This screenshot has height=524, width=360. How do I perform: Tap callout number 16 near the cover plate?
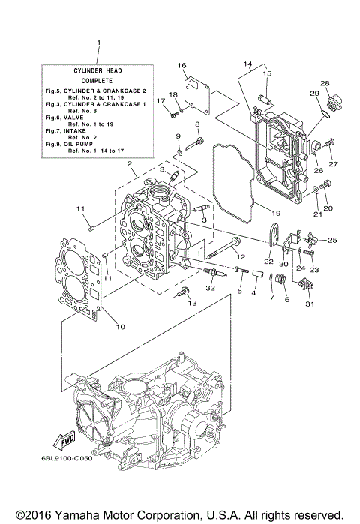pyautogui.click(x=181, y=66)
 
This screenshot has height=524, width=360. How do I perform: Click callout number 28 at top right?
pyautogui.click(x=325, y=83)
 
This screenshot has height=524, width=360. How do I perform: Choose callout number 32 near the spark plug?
pyautogui.click(x=211, y=287)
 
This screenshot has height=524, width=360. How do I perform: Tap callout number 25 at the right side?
pyautogui.click(x=332, y=241)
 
